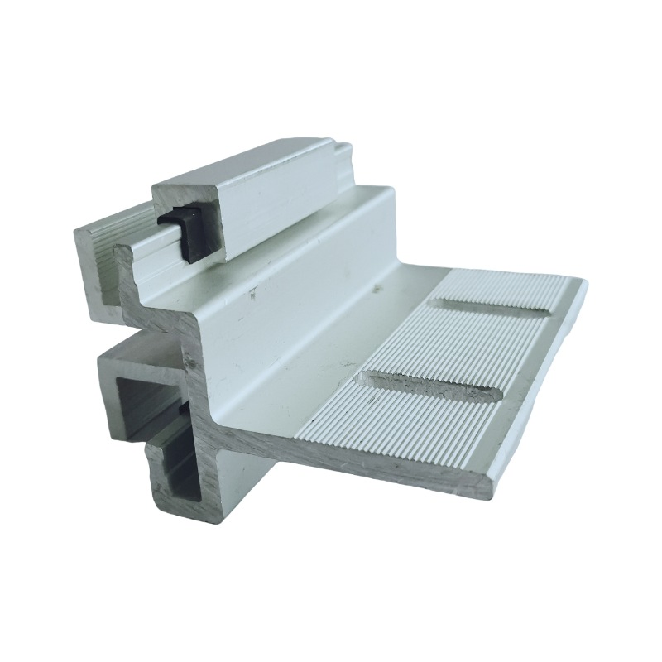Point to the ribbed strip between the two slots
(x=468, y=348)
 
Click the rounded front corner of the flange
(x=488, y=488)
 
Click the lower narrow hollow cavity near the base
(x=176, y=476)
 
